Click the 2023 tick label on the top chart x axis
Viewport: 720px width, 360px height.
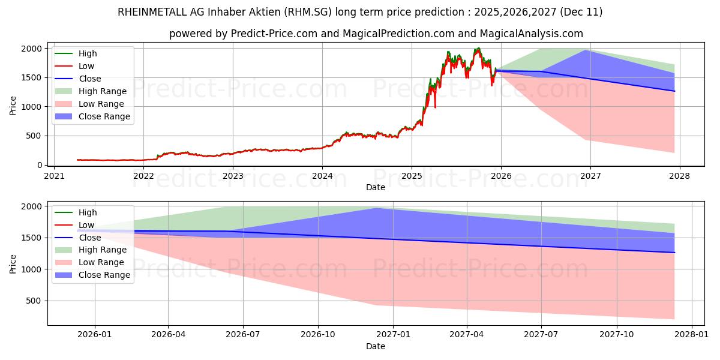233,176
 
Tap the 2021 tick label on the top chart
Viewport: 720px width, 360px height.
54,176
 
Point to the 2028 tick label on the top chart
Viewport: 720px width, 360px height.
680,176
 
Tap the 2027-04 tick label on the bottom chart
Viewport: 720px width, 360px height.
467,335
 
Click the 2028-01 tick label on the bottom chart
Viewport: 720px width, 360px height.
691,335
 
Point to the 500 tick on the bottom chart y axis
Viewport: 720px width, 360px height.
35,301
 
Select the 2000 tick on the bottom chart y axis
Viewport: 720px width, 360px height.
33,206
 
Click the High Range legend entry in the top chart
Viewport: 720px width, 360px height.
103,91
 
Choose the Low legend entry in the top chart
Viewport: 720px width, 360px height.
86,66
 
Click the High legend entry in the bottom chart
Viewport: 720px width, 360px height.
88,212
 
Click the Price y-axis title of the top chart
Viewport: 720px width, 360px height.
13,106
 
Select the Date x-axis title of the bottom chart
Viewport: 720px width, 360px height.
376,346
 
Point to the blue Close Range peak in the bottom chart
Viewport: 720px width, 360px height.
376,208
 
